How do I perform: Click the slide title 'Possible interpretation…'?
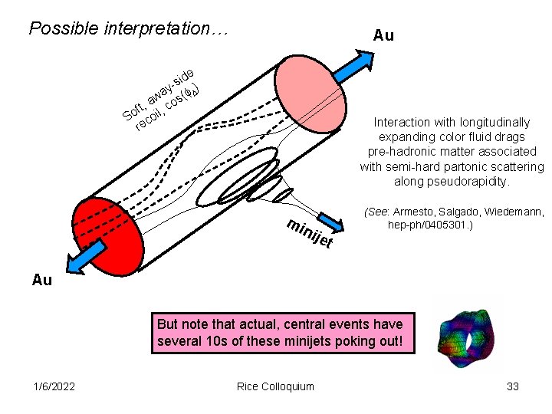click(x=129, y=29)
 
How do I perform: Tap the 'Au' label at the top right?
click(x=383, y=35)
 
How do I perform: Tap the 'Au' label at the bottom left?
click(x=42, y=280)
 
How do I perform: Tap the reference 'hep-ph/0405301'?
click(x=429, y=225)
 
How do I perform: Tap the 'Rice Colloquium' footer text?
click(x=275, y=386)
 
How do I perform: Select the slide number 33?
click(x=513, y=386)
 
